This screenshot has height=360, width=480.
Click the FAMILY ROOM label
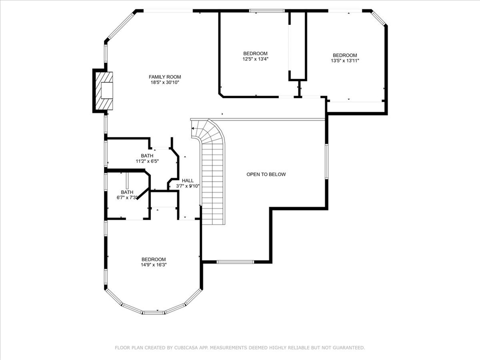tap(165, 77)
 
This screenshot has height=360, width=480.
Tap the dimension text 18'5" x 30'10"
tap(165, 82)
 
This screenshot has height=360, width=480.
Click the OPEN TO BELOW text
tap(266, 174)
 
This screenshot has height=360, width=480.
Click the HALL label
tap(187, 180)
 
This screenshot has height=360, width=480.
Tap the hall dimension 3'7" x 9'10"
tap(187, 186)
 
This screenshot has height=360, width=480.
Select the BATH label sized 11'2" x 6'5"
tap(147, 156)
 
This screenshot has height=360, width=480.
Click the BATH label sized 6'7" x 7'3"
tap(127, 192)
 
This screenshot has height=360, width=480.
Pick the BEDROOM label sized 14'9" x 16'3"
tap(154, 259)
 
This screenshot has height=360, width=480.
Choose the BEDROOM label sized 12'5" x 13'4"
tap(255, 53)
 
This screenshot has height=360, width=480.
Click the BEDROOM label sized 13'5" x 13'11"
tap(345, 55)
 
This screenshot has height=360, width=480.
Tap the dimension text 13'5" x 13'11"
tap(345, 61)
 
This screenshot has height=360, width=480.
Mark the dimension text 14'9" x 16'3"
tap(154, 265)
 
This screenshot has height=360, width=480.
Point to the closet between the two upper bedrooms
tap(298, 47)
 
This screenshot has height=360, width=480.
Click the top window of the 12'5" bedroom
tap(266, 10)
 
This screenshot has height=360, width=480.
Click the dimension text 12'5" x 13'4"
tap(255, 59)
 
